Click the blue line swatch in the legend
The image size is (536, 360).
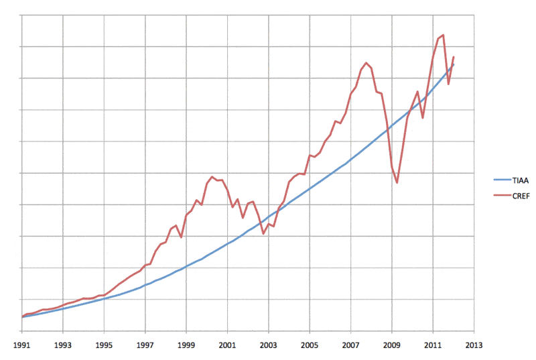tap(499, 180)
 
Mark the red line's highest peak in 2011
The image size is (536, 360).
tap(444, 35)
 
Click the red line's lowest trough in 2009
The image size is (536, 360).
tap(397, 182)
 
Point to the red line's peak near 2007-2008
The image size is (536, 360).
tap(366, 63)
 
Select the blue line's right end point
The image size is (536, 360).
tap(454, 64)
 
